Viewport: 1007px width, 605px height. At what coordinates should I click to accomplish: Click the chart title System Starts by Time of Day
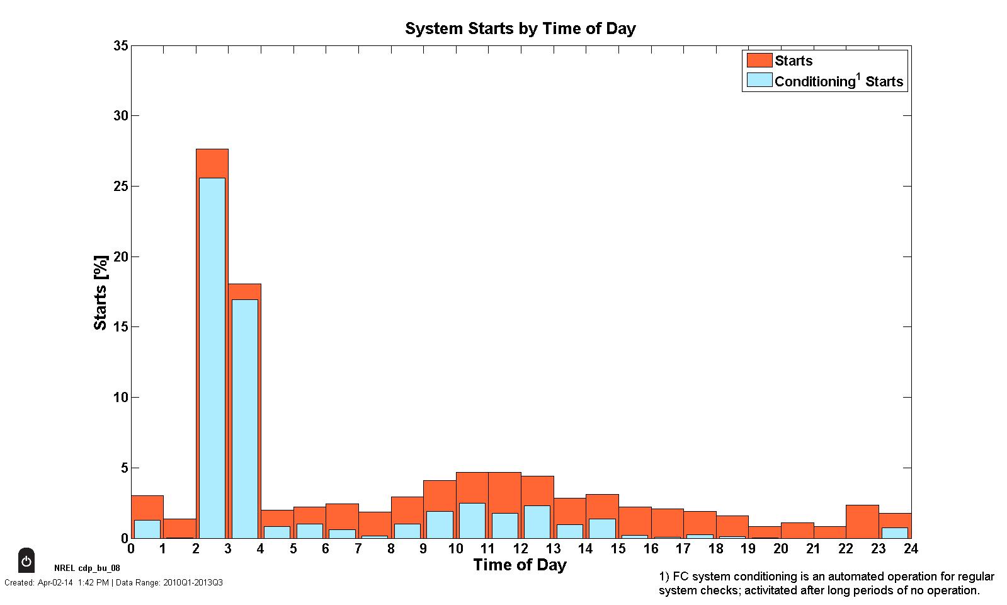coord(520,29)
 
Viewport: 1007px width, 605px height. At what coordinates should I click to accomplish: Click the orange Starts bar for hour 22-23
coord(862,521)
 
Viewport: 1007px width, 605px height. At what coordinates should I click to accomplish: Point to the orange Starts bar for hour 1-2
coord(179,528)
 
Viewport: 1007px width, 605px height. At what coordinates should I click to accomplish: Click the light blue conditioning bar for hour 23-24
coord(894,533)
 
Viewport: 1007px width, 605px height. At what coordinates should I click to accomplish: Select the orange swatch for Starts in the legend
coord(759,60)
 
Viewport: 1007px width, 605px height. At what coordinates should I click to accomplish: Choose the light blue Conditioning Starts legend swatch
coord(759,81)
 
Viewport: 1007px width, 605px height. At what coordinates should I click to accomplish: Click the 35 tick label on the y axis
coord(120,46)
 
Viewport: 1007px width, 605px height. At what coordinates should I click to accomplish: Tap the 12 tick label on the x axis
coord(520,549)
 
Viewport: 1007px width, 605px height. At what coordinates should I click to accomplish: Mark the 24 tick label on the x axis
coord(910,549)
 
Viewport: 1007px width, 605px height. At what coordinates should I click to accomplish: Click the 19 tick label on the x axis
coord(748,549)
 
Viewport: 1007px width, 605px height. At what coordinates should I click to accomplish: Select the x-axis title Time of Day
coord(520,565)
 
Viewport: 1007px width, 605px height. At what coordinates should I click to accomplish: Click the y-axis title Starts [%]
coord(101,292)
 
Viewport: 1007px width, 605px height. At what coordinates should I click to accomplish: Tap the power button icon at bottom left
coord(26,560)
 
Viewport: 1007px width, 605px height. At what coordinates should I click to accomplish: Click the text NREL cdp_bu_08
coord(87,568)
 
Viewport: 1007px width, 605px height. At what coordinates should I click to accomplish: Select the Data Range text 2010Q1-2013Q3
coord(193,583)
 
